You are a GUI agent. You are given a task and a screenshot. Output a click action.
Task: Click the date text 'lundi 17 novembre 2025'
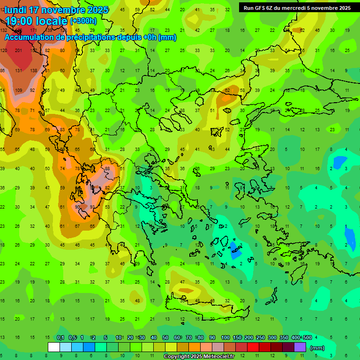pos(56,10)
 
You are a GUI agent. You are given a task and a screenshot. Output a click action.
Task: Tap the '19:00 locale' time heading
pos(37,21)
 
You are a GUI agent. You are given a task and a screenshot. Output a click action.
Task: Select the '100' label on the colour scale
pos(225,338)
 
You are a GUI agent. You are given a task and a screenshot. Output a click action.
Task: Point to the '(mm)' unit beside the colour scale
pos(317,348)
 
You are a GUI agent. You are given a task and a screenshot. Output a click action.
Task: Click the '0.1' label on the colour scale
pos(60,338)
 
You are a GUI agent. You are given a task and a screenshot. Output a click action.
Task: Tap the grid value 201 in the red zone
pos(19,51)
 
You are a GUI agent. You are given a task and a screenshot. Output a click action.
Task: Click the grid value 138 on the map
pos(33,70)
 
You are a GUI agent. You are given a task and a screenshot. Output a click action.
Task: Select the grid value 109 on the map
pos(19,90)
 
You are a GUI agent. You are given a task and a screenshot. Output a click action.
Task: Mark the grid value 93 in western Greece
pos(92,207)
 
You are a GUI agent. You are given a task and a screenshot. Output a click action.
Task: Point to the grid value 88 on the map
pos(107,169)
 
